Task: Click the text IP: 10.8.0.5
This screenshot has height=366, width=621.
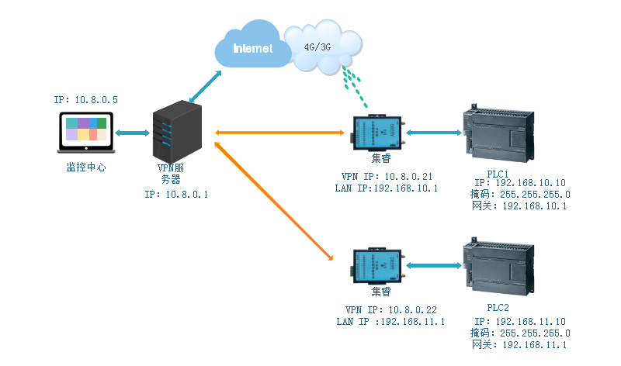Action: click(x=86, y=100)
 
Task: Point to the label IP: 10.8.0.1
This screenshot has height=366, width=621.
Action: click(x=176, y=195)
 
